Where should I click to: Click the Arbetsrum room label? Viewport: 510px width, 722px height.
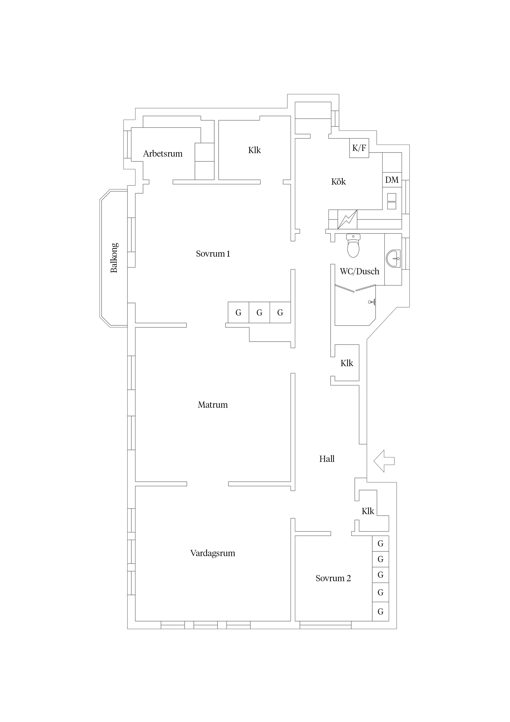pos(163,154)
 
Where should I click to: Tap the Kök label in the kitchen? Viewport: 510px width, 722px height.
pos(338,182)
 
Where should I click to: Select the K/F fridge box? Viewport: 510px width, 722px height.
pos(359,148)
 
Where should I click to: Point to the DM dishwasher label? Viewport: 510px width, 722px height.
pos(392,180)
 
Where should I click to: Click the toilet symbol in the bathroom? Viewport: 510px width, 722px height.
pos(353,245)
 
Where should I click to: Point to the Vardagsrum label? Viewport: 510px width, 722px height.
pos(213,553)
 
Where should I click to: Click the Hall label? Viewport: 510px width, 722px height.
pos(327,459)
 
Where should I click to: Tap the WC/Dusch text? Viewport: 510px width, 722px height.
pos(359,271)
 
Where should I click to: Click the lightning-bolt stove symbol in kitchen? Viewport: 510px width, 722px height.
pos(347,219)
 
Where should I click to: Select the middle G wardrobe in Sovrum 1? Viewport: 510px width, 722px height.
pos(259,313)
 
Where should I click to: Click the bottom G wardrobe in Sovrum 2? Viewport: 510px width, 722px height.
pos(380,612)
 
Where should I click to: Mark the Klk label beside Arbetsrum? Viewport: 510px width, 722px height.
pos(255,150)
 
